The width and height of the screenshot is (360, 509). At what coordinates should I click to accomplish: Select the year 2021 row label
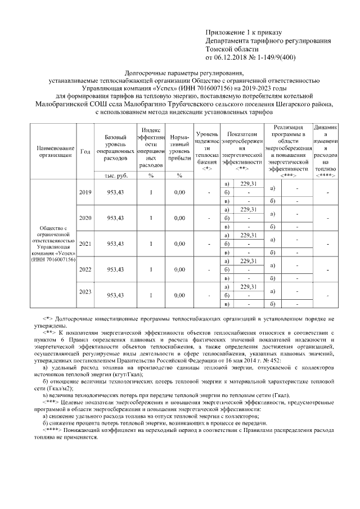click(x=85, y=244)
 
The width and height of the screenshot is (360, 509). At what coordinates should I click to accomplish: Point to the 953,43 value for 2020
click(x=115, y=218)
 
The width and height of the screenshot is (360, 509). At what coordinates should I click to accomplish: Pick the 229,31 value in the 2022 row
click(x=248, y=261)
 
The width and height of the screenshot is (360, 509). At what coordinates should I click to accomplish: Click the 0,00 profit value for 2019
click(x=179, y=192)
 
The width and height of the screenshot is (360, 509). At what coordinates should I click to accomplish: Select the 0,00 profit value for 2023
click(x=179, y=295)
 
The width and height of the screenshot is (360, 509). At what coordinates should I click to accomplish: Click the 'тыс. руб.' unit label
click(x=115, y=175)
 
